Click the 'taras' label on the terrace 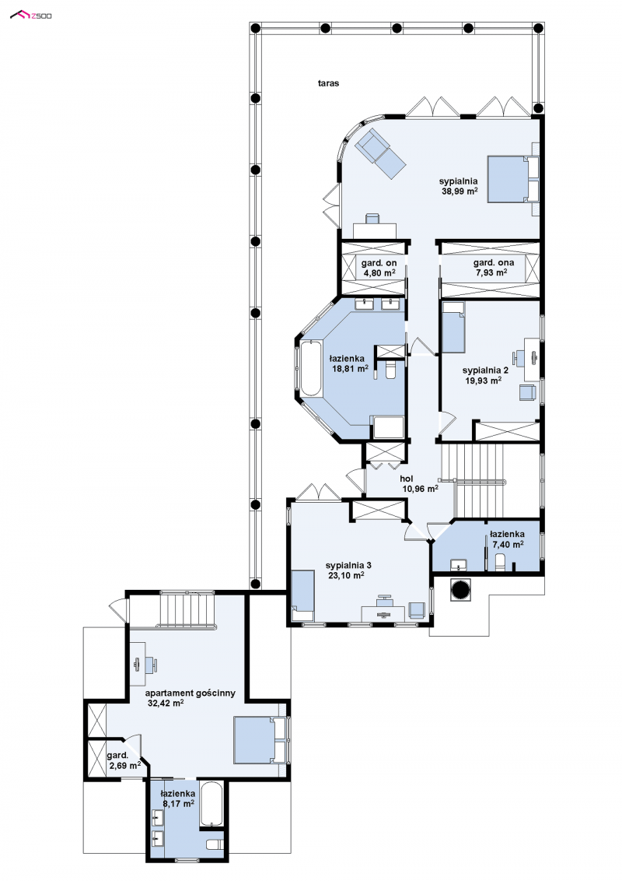328,83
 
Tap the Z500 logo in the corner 31,15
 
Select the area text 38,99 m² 460,191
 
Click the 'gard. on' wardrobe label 379,263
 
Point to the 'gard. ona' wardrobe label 494,262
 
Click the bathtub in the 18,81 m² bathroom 310,369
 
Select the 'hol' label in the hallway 407,479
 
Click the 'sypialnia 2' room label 485,370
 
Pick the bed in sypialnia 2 453,328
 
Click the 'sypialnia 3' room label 348,565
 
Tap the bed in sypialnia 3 302,595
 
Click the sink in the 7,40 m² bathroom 459,565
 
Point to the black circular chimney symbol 463,589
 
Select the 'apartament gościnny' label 190,693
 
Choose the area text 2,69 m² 124,765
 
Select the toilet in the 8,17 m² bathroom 215,844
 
